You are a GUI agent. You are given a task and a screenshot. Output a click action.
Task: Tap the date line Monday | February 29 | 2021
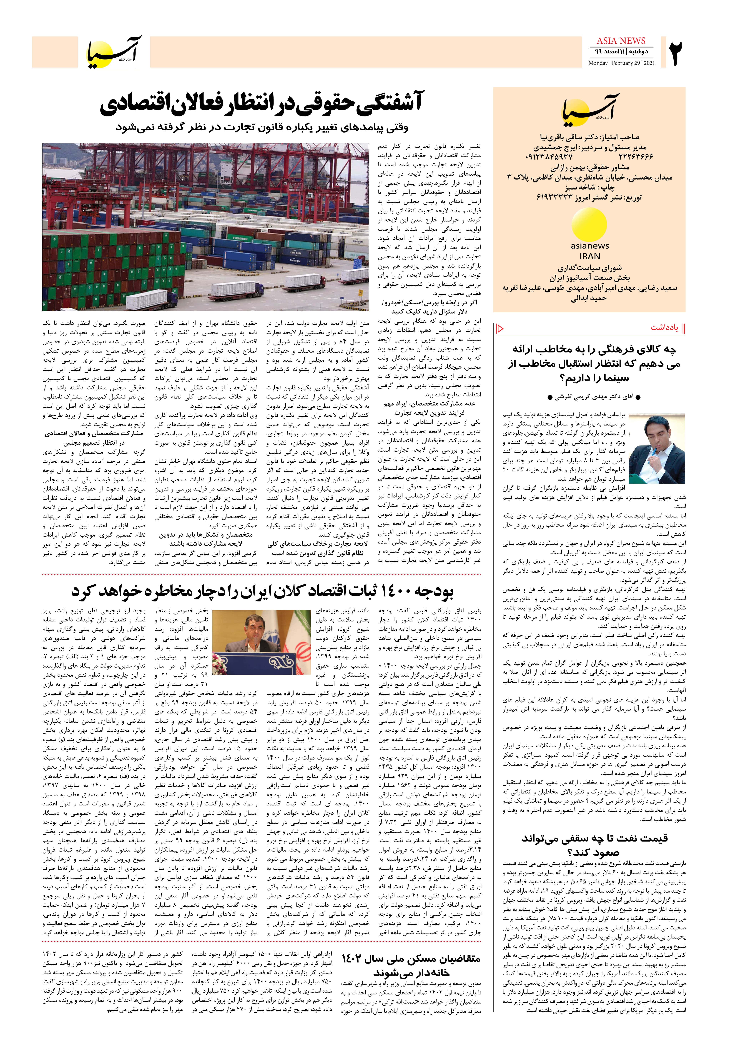[621, 63]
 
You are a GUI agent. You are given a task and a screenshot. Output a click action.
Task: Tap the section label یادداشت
[664, 328]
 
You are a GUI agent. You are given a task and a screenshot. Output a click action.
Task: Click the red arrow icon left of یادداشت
[500, 328]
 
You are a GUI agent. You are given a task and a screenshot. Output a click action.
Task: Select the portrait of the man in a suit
[657, 448]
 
